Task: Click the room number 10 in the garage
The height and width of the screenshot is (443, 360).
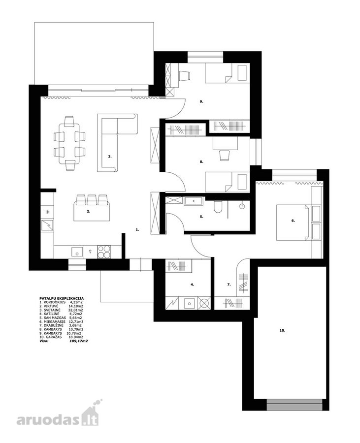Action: (x=282, y=330)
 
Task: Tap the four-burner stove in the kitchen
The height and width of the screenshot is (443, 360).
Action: (x=104, y=252)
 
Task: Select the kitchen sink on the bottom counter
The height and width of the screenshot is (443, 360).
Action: (x=76, y=252)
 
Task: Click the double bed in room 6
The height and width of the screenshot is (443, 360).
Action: (x=292, y=223)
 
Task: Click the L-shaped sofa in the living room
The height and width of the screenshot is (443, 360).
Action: (x=117, y=143)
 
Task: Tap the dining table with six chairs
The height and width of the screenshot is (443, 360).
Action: (x=69, y=144)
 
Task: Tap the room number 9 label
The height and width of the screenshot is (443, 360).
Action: (x=201, y=101)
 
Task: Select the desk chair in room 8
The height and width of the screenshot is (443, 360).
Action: (x=224, y=156)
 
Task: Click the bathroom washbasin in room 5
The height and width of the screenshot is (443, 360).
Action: (x=194, y=201)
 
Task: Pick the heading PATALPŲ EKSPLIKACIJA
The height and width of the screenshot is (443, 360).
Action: (x=62, y=298)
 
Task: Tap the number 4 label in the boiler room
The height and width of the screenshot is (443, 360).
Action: (x=192, y=285)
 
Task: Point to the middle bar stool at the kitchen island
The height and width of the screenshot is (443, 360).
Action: (x=92, y=199)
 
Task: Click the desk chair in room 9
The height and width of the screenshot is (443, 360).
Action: (x=184, y=76)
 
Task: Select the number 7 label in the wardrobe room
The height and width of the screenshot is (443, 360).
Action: (x=229, y=285)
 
